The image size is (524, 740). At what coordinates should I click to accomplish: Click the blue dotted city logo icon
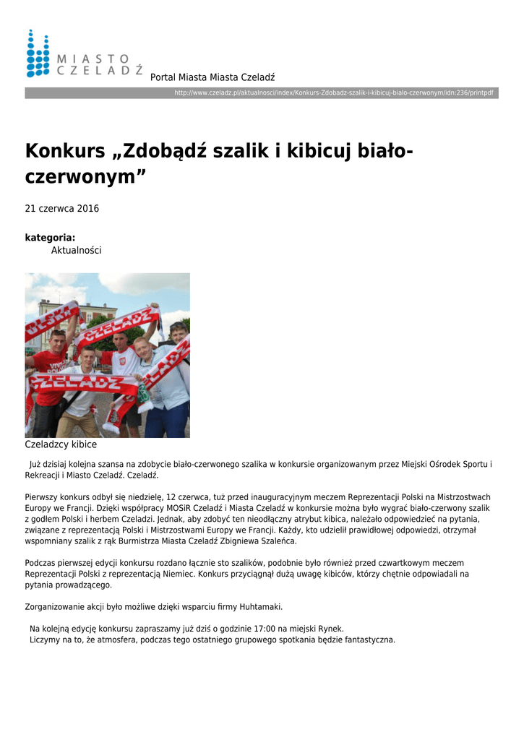[x=38, y=53]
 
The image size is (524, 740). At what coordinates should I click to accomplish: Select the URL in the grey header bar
[x=334, y=93]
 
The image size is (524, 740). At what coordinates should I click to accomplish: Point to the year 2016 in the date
[x=88, y=209]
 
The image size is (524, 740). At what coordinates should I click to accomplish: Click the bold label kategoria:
[x=50, y=237]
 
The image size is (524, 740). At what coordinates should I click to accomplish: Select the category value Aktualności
[x=76, y=250]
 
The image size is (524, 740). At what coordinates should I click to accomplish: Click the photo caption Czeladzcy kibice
[x=61, y=444]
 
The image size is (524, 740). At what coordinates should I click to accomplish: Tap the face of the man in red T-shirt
[x=57, y=340]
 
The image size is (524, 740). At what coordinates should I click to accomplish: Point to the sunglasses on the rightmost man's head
[x=178, y=326]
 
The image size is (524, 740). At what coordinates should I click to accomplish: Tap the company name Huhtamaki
[x=258, y=606]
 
